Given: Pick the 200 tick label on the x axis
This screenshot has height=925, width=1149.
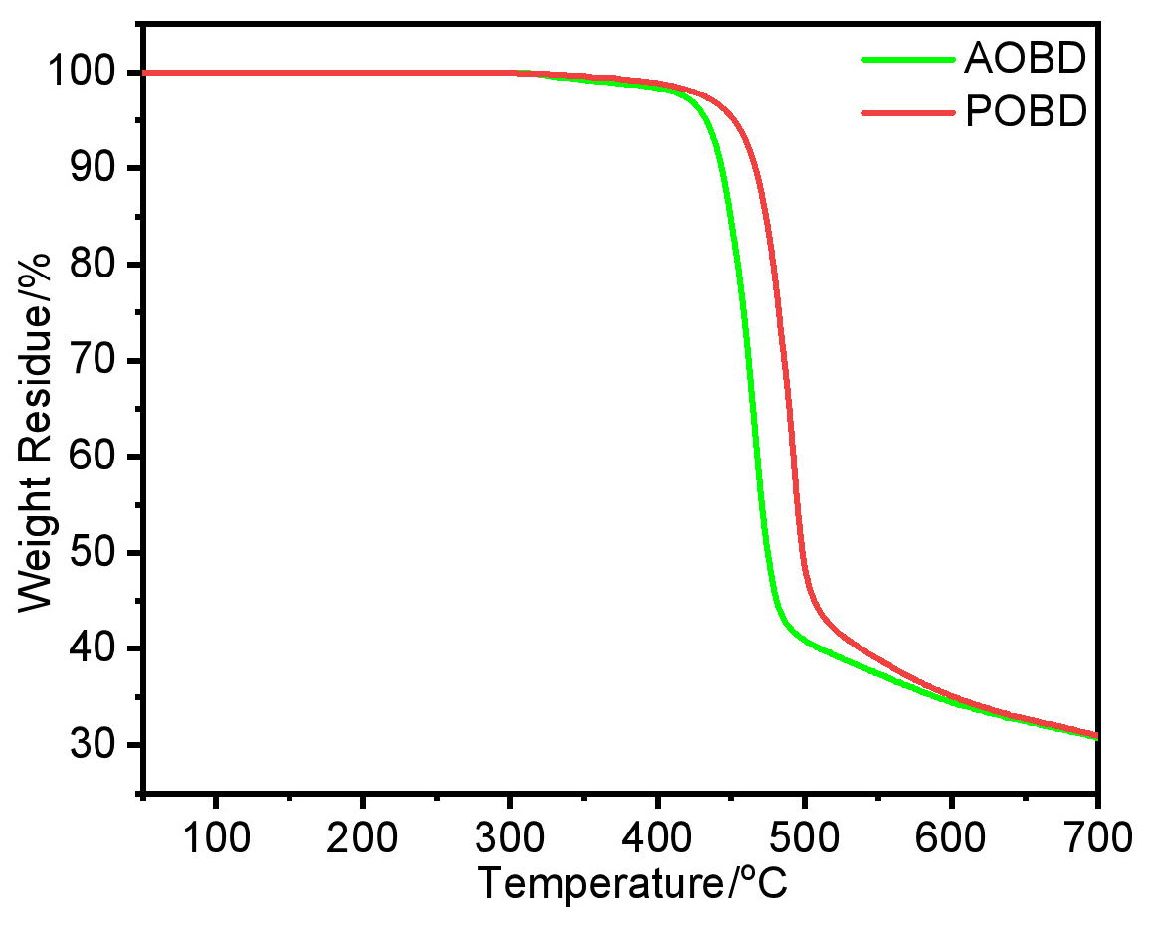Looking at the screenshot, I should (362, 838).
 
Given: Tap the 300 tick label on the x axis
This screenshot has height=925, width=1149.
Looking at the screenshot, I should (509, 838).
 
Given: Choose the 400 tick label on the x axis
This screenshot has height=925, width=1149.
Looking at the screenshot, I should (657, 838).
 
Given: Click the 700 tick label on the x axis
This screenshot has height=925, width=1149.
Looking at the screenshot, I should (1094, 838).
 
